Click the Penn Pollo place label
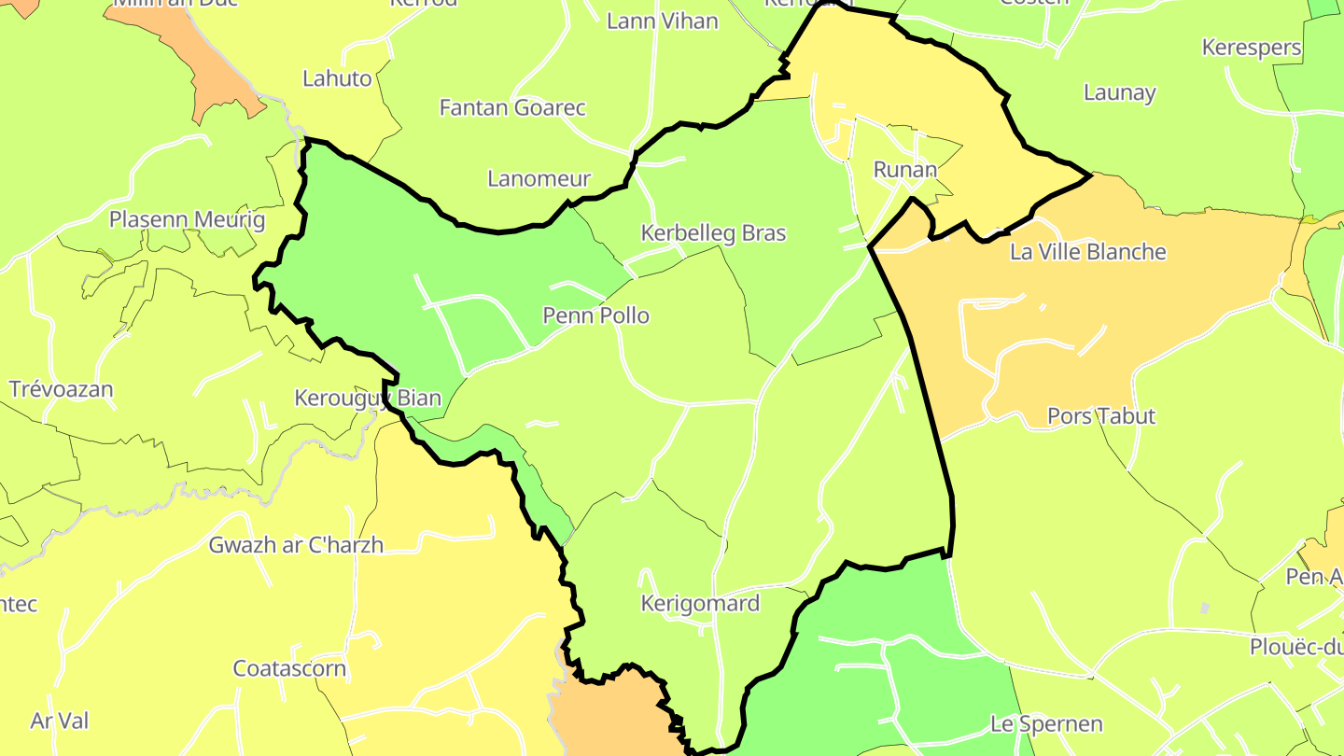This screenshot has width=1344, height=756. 595,315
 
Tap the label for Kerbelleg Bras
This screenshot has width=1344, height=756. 713,233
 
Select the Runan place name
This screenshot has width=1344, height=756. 904,170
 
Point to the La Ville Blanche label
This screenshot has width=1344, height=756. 1087,252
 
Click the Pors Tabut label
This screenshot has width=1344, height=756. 1101,416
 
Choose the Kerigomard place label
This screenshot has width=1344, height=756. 700,603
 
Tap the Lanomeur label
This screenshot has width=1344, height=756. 539,178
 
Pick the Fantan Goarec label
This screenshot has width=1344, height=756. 512,107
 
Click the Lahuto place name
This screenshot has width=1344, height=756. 337,78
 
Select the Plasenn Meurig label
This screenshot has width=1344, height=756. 187,220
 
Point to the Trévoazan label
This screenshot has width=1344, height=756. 61,389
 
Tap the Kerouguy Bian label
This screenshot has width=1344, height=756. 367,399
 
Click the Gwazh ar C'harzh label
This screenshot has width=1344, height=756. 296,545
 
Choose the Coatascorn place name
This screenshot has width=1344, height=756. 289,669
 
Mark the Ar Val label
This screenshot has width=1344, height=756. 60,721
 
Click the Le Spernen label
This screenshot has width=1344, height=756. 1046,724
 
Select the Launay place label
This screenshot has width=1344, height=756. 1120,92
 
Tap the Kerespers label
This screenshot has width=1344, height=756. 1252,48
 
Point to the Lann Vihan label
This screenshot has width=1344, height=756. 662,21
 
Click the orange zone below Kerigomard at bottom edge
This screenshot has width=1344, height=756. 611,719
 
